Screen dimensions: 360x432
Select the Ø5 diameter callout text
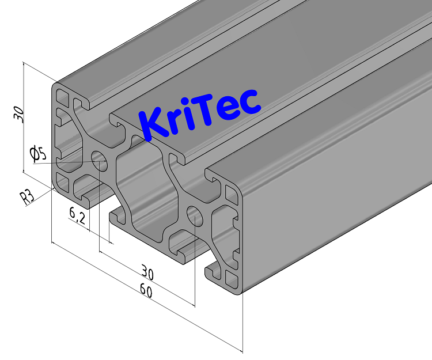(37, 153)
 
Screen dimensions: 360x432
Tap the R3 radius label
(27, 198)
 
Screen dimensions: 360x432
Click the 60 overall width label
(146, 292)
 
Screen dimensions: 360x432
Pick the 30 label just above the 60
(149, 271)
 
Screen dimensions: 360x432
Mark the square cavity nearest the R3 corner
(62, 183)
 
